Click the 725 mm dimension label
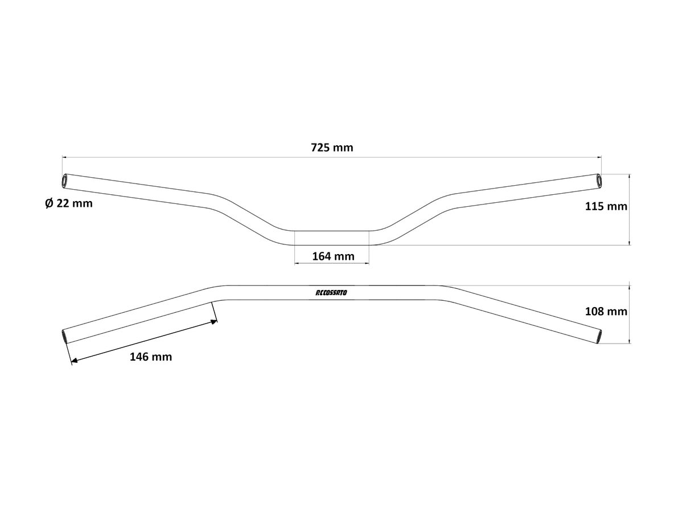(x=332, y=148)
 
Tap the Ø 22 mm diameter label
(x=68, y=203)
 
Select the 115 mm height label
(x=606, y=206)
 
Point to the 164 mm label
(x=333, y=256)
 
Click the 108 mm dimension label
(x=606, y=311)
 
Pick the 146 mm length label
(x=151, y=357)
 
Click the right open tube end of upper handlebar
(x=598, y=180)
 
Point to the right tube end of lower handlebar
(x=598, y=336)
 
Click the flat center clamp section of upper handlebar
(x=331, y=238)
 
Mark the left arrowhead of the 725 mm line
(x=64, y=157)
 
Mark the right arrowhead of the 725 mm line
(x=599, y=157)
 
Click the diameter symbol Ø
(x=49, y=203)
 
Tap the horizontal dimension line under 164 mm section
(x=331, y=264)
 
